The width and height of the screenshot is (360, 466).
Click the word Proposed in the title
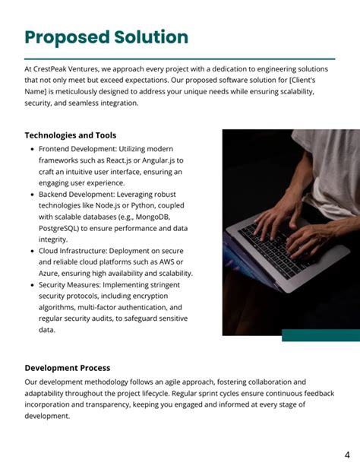tap(67, 37)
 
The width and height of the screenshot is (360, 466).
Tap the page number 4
tap(347, 455)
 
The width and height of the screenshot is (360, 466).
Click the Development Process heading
tap(67, 368)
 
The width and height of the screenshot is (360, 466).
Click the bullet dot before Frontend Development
tap(31, 150)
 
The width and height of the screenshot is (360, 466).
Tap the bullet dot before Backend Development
tap(31, 195)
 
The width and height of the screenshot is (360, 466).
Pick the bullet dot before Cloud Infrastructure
tap(31, 251)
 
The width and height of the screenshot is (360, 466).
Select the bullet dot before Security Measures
tap(31, 285)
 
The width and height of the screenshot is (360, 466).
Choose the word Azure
tap(51, 274)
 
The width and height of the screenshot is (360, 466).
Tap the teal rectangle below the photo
tap(321, 335)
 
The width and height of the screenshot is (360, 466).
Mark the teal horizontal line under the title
tap(179, 59)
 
